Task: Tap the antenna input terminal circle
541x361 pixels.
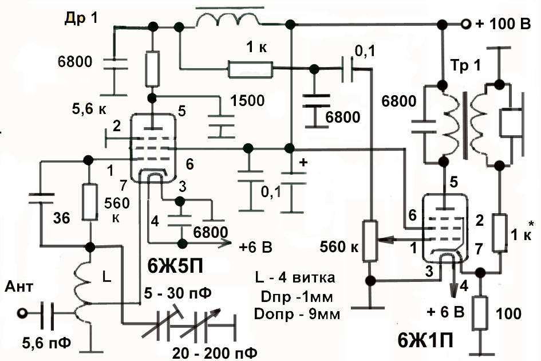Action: (22, 313)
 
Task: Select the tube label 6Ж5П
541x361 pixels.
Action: (175, 266)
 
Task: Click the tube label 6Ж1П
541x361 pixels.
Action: (425, 342)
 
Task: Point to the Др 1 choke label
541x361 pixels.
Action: (81, 19)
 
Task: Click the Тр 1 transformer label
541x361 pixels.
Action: (466, 65)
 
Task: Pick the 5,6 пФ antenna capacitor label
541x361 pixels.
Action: (46, 343)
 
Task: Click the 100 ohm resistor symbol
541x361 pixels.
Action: (480, 313)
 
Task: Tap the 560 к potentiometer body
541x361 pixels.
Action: (370, 241)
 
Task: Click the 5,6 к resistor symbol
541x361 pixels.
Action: (152, 69)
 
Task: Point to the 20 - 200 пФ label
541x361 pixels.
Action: (215, 353)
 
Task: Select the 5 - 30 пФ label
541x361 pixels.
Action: (178, 293)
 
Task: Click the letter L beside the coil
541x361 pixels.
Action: (107, 276)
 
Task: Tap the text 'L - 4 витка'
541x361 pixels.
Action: (295, 277)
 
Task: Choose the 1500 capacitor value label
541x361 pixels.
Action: (247, 100)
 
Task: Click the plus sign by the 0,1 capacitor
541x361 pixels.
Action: (303, 162)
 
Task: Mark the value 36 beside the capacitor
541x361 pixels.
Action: (62, 218)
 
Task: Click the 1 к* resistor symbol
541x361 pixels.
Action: (500, 233)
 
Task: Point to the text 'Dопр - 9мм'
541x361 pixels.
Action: (297, 314)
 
